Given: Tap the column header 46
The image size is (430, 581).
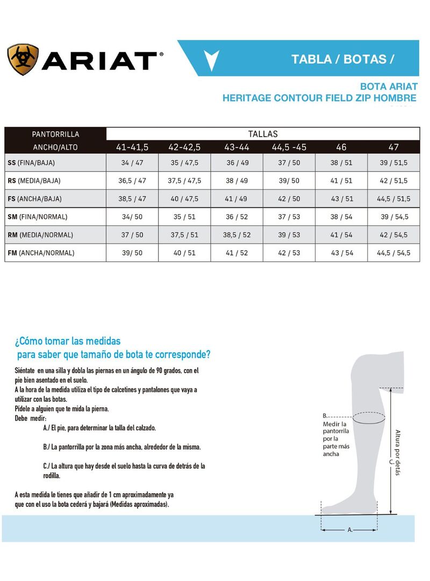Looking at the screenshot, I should pos(341,147).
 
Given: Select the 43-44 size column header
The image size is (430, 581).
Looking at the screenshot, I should pos(237,147).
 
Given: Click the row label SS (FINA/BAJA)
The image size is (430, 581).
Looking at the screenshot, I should pos(31,162).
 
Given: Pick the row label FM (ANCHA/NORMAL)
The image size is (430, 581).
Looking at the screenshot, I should pos(41,253).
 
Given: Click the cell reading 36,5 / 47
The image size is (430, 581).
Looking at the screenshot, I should pos(132,181).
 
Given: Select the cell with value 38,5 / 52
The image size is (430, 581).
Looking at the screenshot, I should pos(237,235).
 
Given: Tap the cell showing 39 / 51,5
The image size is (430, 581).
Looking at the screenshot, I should pos(394,162).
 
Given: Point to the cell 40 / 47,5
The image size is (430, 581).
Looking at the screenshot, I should pos(184,199).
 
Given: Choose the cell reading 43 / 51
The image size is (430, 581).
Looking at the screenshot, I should pos(342,199).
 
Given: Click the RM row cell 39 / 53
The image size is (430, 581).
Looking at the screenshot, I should pos(289,235).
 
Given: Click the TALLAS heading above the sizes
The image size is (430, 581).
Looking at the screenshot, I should pos(263,134).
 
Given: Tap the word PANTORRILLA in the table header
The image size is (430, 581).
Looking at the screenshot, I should pos(56,134).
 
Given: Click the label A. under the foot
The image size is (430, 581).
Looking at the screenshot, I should pos(350,530).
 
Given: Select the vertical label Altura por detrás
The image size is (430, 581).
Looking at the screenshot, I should pos(398,452).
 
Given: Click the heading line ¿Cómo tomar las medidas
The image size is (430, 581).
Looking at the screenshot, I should pos(68,341).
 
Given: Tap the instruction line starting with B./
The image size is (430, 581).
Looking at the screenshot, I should pos(121,447).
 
